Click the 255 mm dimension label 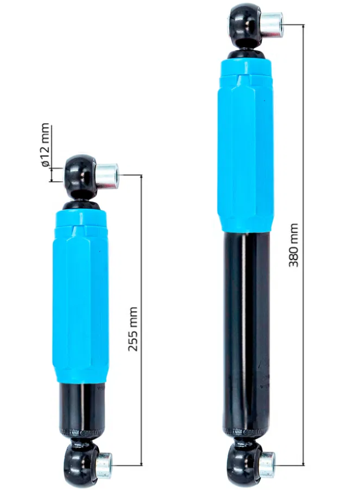[133, 329]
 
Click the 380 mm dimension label [293, 246]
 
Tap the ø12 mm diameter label [45, 144]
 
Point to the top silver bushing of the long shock [271, 25]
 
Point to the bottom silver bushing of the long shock [267, 464]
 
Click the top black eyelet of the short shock [80, 176]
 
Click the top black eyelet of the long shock [246, 24]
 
